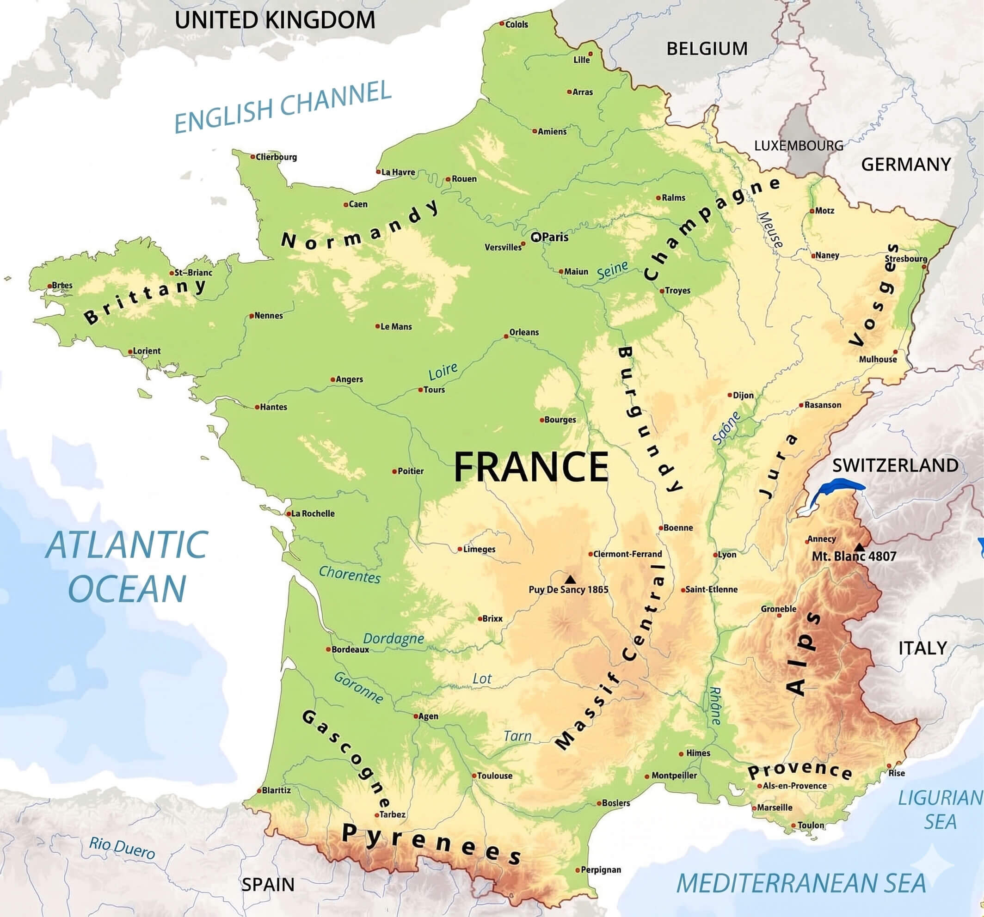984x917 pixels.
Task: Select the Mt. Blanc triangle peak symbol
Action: pos(860,547)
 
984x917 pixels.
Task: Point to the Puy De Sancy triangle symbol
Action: pos(570,579)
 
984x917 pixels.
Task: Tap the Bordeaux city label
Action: pos(350,649)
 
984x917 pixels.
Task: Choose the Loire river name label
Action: pos(443,371)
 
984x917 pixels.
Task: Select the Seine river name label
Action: pos(612,270)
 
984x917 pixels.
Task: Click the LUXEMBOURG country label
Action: pos(799,146)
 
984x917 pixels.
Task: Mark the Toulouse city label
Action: pos(494,776)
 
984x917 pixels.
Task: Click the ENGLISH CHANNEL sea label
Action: pos(283,106)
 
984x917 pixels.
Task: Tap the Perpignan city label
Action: pos(600,869)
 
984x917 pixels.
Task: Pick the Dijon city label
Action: pos(743,395)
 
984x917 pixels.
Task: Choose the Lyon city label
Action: pos(726,554)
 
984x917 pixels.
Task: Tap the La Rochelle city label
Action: pos(313,513)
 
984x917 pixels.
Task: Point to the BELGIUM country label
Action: pos(707,49)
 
